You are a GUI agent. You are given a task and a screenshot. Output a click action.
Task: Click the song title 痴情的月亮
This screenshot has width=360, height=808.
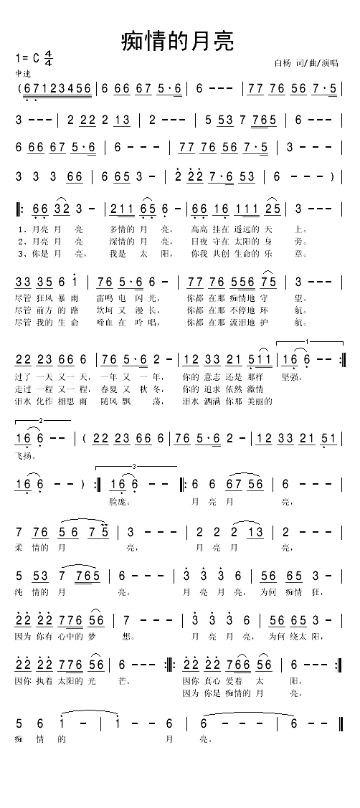tap(178, 40)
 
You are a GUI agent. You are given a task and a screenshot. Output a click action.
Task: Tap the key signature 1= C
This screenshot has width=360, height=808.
tap(28, 57)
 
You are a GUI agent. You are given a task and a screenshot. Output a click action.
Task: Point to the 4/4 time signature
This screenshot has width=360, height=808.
tap(49, 58)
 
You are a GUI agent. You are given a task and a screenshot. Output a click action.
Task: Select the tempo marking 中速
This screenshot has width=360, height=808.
tap(22, 74)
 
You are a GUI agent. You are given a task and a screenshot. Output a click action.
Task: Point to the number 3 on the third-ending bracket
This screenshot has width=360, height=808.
tap(134, 467)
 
